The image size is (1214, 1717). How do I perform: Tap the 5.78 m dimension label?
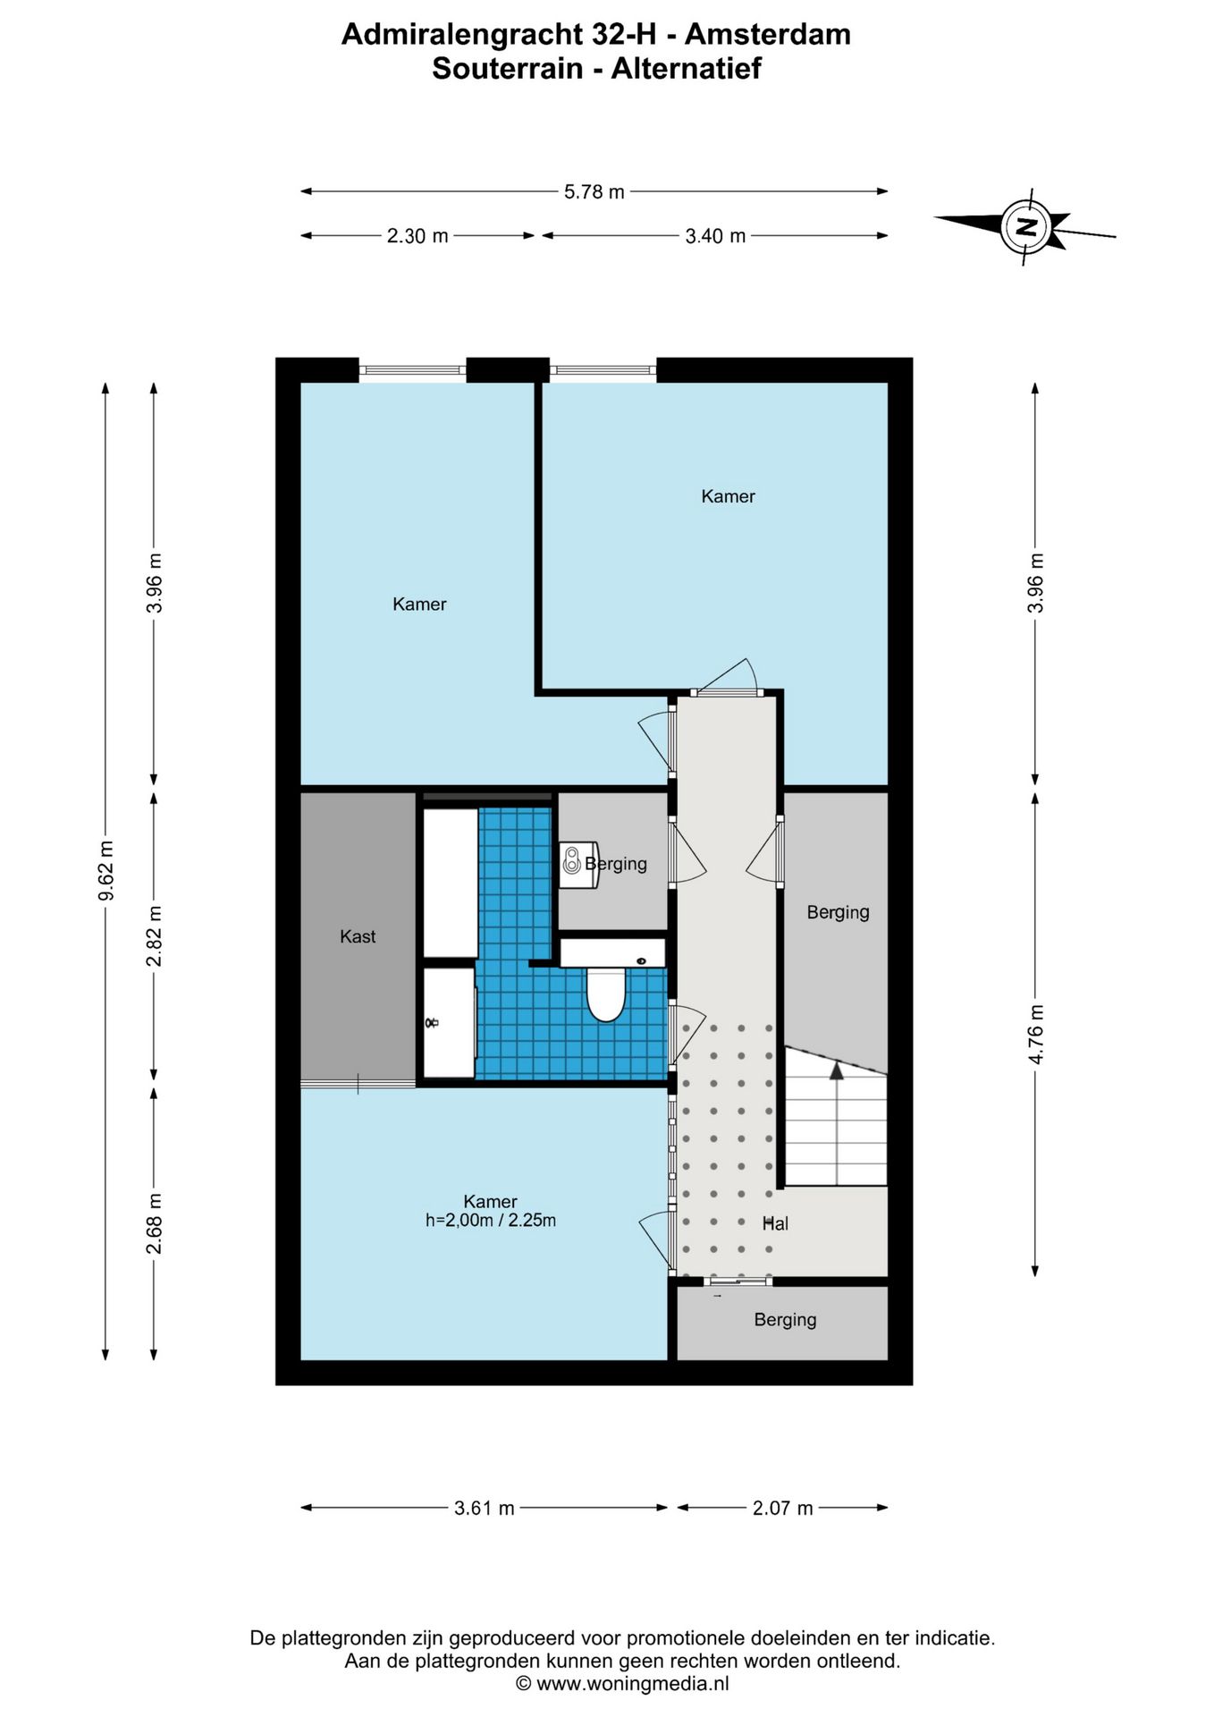click(594, 191)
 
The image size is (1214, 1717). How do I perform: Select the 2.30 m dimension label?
click(417, 236)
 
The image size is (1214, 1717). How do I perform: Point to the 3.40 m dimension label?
click(715, 236)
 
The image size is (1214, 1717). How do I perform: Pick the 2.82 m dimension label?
click(155, 935)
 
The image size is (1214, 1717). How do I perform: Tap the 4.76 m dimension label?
click(1036, 1034)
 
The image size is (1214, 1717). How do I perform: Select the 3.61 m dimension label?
click(485, 1508)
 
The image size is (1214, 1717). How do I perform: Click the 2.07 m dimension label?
click(782, 1508)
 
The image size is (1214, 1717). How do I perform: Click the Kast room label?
click(358, 936)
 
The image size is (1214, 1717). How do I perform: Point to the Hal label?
click(775, 1223)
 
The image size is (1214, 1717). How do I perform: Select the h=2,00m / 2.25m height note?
click(491, 1220)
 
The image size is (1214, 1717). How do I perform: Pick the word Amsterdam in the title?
click(767, 34)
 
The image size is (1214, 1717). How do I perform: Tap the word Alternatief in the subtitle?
click(686, 68)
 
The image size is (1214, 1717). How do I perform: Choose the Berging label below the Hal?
click(785, 1320)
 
